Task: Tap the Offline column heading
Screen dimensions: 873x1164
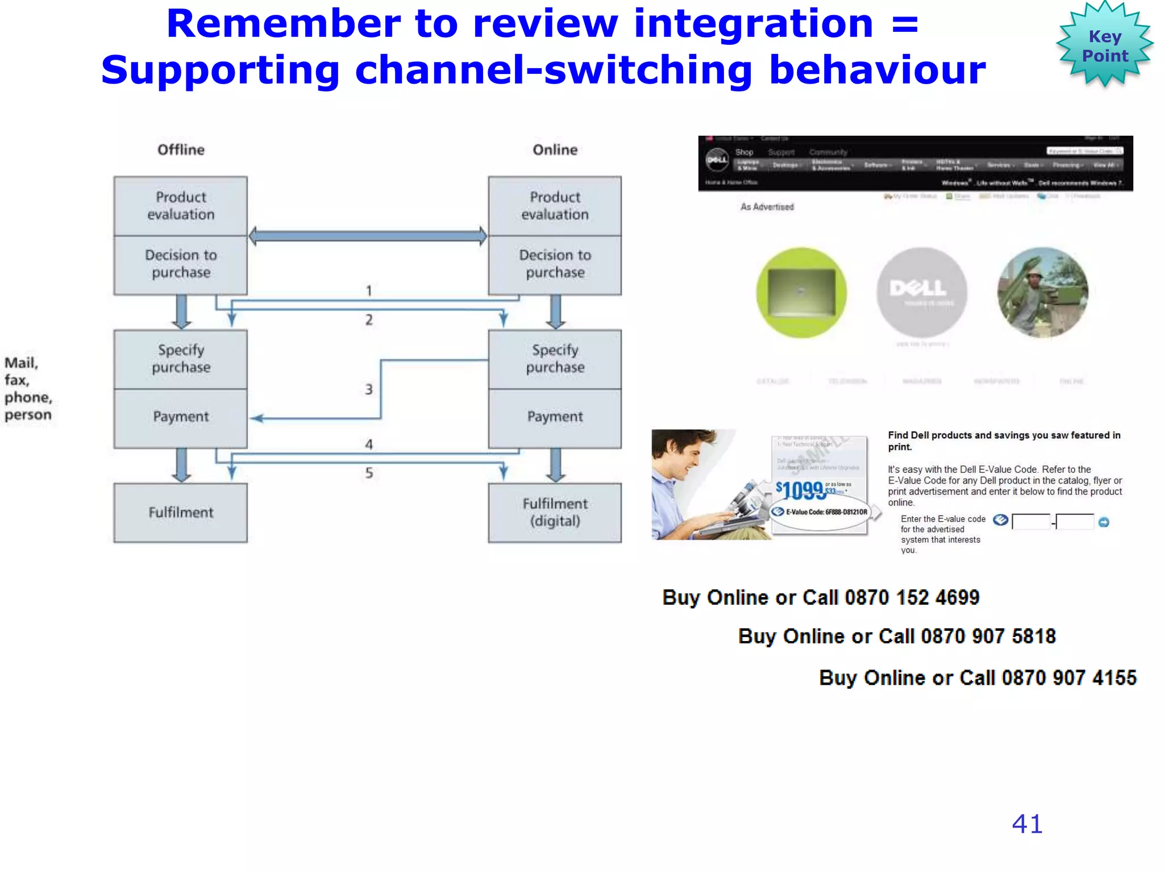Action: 181,149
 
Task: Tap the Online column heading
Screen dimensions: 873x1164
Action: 555,149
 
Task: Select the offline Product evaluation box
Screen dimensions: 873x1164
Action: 181,206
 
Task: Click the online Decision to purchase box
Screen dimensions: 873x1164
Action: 555,264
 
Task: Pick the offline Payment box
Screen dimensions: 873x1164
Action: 181,417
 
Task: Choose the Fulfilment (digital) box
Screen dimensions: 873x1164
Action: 555,513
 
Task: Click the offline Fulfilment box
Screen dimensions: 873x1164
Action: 181,513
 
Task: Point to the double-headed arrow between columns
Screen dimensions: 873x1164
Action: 368,236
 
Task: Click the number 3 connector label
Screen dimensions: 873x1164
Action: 369,390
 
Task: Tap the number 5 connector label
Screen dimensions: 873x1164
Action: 369,473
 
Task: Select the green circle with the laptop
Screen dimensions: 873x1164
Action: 801,292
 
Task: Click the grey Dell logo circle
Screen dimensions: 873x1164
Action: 921,292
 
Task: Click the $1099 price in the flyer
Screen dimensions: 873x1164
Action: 800,490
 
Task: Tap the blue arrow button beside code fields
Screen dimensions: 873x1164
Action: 1104,522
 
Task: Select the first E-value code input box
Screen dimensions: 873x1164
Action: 1031,522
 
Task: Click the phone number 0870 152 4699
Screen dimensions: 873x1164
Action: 912,598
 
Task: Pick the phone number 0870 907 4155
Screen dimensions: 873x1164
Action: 1069,678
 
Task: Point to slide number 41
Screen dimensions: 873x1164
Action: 1027,824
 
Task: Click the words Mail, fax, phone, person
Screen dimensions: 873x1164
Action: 28,389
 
